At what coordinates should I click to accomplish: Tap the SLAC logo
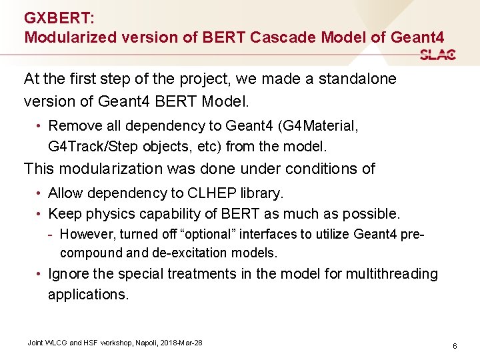tap(438, 55)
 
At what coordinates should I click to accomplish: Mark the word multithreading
tap(391, 274)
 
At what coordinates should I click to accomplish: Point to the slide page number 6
tap(454, 346)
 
